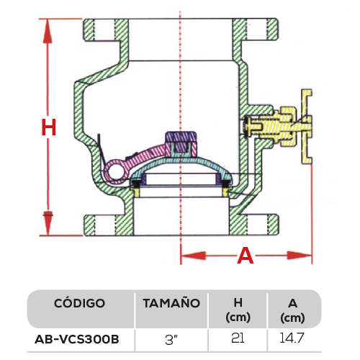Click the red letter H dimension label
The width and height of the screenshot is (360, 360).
coord(49,127)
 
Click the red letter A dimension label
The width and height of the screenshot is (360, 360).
coord(246,256)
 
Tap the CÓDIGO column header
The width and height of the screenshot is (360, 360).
coord(79,303)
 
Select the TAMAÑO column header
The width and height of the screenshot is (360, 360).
coord(171,303)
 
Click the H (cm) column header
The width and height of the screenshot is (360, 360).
coord(238,310)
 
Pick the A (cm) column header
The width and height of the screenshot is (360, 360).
coord(292,310)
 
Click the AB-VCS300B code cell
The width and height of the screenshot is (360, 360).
coord(77,339)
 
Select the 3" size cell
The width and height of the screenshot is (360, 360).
coord(171,340)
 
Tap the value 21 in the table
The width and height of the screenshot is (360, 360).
coord(238,338)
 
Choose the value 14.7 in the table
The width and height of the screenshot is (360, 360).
coord(292,338)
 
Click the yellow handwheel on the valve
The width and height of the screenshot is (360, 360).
coord(307,127)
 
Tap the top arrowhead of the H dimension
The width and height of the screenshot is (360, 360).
coord(48,31)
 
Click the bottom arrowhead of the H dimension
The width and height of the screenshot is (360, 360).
coord(48,223)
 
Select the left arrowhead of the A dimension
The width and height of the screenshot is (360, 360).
coord(193,256)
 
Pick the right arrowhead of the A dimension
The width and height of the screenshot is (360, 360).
coord(300,256)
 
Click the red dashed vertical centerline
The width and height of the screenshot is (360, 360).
coord(181,135)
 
